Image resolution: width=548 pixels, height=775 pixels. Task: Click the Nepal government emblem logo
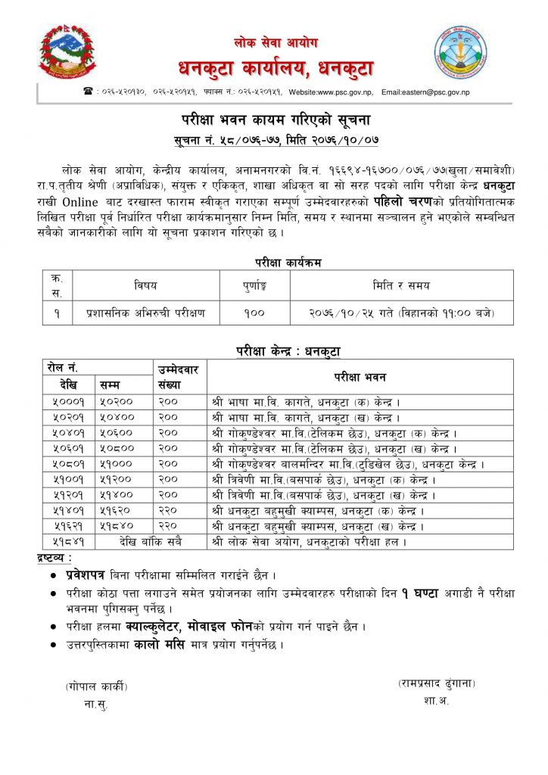67,52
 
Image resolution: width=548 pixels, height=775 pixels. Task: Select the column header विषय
146,285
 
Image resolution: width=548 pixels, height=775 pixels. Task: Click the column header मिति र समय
389,285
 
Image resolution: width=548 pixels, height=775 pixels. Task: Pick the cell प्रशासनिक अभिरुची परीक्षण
146,311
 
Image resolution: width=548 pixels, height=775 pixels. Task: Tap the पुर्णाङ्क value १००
254,311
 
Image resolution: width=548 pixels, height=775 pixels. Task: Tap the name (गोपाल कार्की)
96,686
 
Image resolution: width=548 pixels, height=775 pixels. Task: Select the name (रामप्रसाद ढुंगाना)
437,683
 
